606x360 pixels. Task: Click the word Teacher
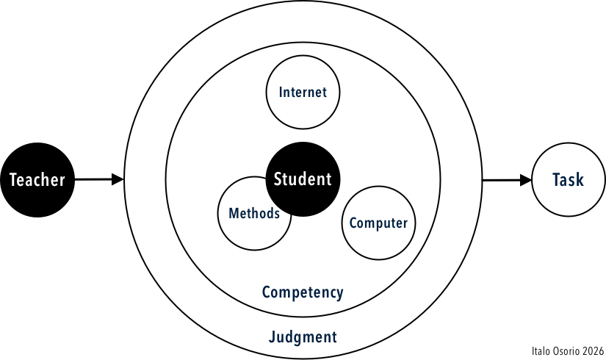click(x=37, y=180)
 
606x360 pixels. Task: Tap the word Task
click(x=568, y=180)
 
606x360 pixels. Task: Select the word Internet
click(x=303, y=93)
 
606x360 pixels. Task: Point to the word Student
click(x=303, y=179)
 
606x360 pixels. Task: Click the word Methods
click(x=254, y=214)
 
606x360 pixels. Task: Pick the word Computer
click(x=378, y=223)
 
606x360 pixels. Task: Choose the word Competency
click(x=303, y=292)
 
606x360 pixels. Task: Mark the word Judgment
click(x=303, y=337)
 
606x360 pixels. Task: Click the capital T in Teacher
click(x=13, y=180)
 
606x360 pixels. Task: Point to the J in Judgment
click(x=272, y=337)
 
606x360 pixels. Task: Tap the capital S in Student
click(x=278, y=179)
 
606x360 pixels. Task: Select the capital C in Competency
click(x=267, y=292)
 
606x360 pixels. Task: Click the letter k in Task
click(x=580, y=180)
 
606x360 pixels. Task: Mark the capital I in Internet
click(x=281, y=93)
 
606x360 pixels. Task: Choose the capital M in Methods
click(x=234, y=214)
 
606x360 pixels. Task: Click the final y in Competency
click(x=339, y=294)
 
